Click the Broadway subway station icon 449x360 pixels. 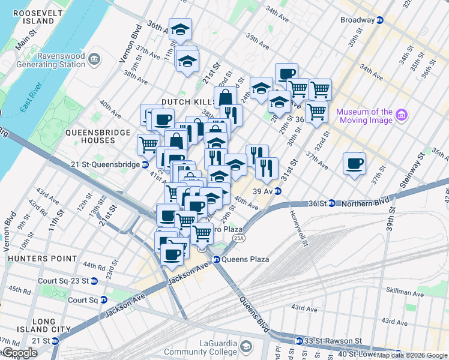tap(380, 20)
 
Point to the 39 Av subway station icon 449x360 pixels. tap(279, 191)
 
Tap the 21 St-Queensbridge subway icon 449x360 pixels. tap(145, 164)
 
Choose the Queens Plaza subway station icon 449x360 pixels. tap(216, 260)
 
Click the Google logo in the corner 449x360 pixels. tap(20, 353)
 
